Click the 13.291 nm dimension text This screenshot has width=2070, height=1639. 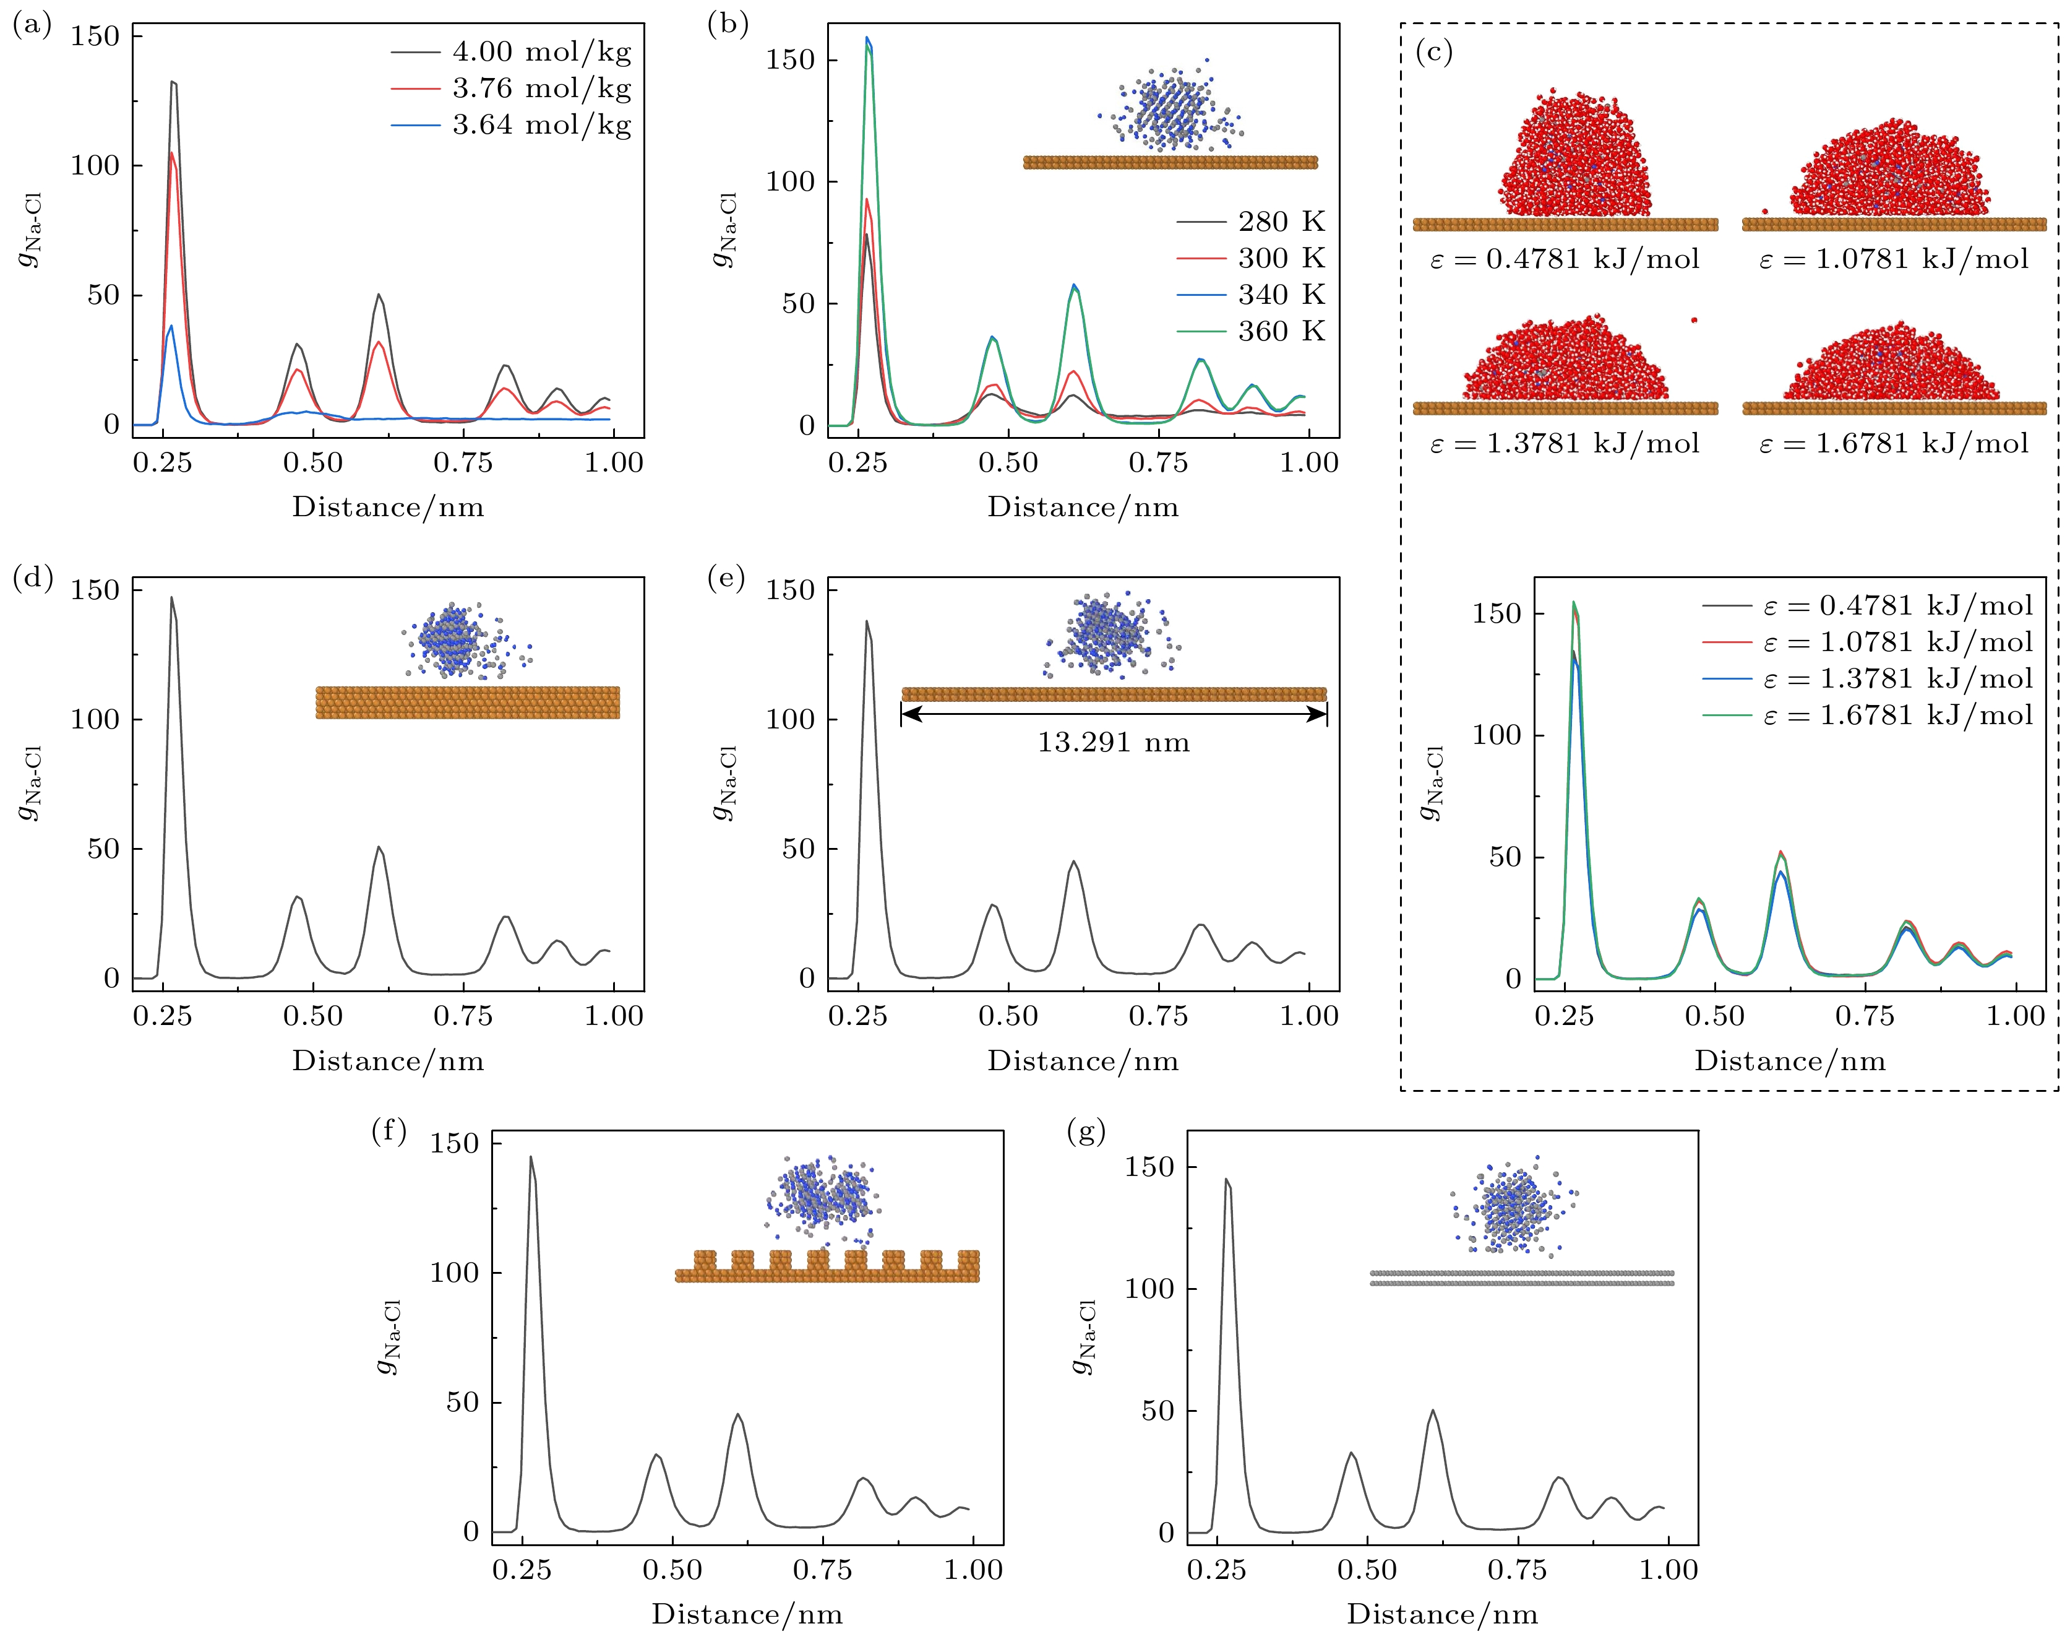1113,743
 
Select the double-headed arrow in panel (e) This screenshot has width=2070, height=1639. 1114,713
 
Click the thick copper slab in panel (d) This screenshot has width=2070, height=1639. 467,703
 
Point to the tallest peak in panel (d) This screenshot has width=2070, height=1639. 172,599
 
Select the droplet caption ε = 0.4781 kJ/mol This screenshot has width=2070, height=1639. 1565,260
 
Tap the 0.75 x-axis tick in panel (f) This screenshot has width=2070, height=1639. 822,1570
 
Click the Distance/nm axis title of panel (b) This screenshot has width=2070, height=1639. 1083,508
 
